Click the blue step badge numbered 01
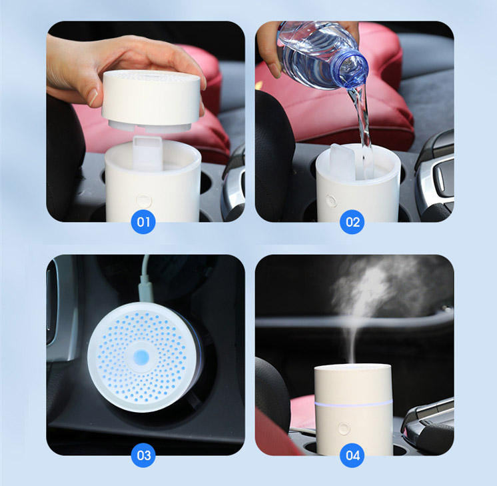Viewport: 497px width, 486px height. point(144,221)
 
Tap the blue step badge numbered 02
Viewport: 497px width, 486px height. point(352,221)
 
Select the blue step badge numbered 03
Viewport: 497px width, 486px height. point(144,455)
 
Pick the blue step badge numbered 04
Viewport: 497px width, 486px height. point(352,455)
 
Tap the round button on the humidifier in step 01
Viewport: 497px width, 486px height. point(141,199)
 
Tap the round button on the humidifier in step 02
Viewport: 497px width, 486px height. point(330,199)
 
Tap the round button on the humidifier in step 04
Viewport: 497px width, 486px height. point(344,429)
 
